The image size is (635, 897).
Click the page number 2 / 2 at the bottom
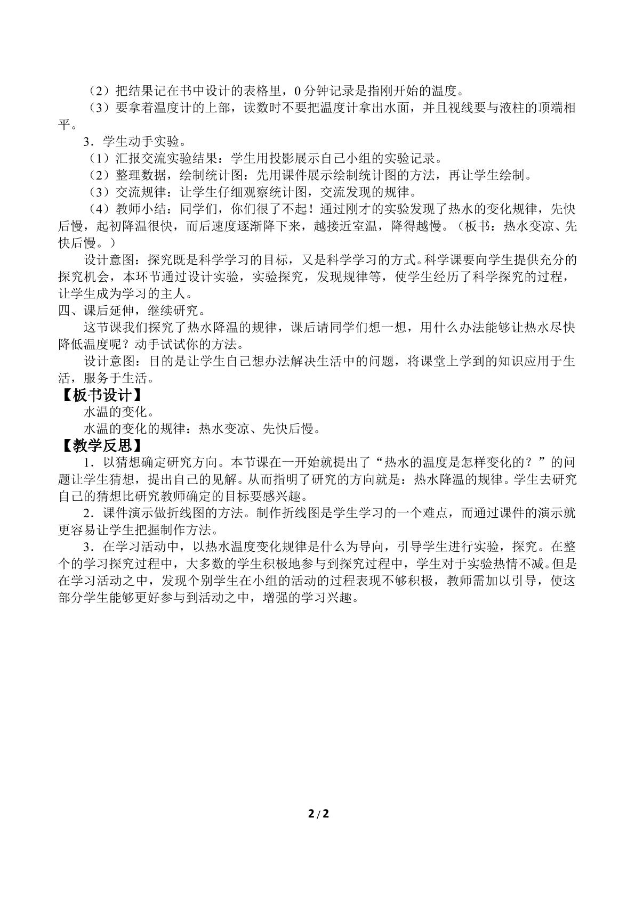tap(317, 813)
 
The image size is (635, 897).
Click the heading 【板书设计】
tap(101, 396)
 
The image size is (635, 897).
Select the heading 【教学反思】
tap(101, 445)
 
